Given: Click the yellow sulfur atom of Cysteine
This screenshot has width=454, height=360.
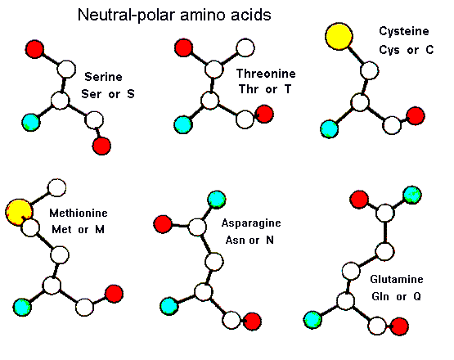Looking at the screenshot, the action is (339, 36).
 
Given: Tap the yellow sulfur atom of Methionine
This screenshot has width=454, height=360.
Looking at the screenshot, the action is (18, 212).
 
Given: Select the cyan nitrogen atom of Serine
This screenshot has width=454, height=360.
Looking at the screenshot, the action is (31, 123).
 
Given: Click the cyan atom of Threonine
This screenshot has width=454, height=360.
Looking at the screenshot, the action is (183, 124).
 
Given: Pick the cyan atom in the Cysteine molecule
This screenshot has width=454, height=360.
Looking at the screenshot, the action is (329, 129).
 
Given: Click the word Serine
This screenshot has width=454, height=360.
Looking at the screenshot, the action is (103, 77).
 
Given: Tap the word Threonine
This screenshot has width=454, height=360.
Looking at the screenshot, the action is (266, 74).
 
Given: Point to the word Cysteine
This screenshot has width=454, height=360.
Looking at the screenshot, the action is (404, 31).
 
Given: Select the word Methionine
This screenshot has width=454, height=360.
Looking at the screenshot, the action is (79, 214).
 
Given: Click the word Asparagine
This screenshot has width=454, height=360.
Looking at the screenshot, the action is (251, 223).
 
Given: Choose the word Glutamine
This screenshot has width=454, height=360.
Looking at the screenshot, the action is (397, 279).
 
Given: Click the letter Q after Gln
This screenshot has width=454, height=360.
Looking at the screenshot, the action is (417, 296).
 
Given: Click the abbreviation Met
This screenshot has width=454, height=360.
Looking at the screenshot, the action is (61, 230).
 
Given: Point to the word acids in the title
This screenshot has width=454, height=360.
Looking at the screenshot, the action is (251, 15).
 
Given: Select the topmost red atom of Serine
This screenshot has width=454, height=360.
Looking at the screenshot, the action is (34, 49).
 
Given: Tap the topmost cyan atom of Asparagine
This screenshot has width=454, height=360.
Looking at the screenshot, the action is (217, 200).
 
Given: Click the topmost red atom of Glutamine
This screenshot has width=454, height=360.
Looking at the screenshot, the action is (359, 200).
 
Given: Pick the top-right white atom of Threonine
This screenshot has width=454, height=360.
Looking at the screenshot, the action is (245, 47).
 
